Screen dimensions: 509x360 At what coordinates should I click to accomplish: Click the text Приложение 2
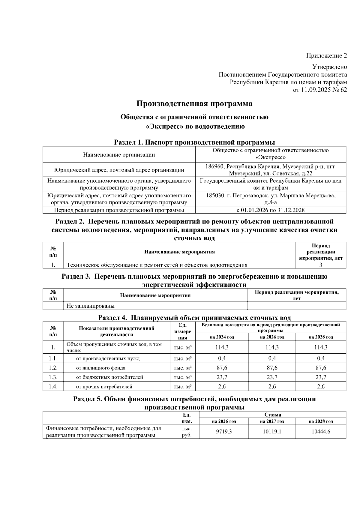pyautogui.click(x=326, y=55)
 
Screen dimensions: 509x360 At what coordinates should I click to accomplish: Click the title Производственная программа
pyautogui.click(x=194, y=104)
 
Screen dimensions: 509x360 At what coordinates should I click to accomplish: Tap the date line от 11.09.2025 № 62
pyautogui.click(x=320, y=90)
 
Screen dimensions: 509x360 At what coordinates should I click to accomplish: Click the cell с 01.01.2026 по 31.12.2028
pyautogui.click(x=271, y=210)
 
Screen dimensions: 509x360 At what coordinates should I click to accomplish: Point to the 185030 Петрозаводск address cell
pyautogui.click(x=271, y=199)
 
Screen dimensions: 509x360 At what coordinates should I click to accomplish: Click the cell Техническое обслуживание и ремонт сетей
pyautogui.click(x=157, y=265)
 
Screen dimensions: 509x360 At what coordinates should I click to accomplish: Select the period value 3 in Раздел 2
pyautogui.click(x=321, y=265)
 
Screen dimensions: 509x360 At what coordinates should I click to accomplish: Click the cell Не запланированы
pyautogui.click(x=91, y=306)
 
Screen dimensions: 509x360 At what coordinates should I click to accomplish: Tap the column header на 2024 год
pyautogui.click(x=222, y=337)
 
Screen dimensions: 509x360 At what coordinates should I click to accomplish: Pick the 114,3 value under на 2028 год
pyautogui.click(x=321, y=347)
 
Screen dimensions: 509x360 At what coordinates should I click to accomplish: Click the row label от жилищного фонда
pyautogui.click(x=100, y=368)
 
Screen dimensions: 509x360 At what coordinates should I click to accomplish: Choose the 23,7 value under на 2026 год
pyautogui.click(x=272, y=377)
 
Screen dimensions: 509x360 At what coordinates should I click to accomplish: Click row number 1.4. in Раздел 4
pyautogui.click(x=53, y=387)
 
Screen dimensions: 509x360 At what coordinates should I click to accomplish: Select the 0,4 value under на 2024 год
pyautogui.click(x=222, y=358)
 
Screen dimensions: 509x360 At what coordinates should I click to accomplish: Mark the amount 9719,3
pyautogui.click(x=224, y=432)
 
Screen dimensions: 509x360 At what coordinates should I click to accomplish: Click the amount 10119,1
pyautogui.click(x=272, y=432)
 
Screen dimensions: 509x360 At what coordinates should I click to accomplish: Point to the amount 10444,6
pyautogui.click(x=321, y=432)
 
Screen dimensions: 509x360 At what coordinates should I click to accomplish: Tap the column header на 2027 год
pyautogui.click(x=272, y=421)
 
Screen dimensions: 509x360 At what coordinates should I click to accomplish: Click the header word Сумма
pyautogui.click(x=272, y=415)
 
